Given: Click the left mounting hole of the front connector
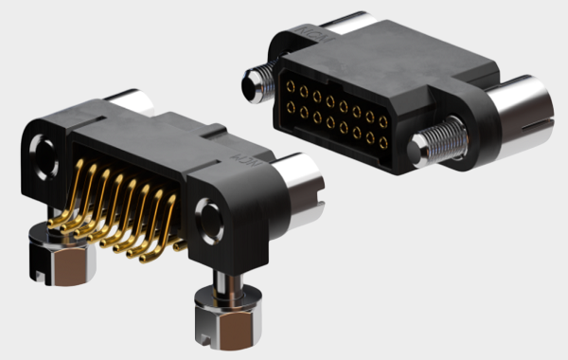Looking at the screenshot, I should coord(43,149).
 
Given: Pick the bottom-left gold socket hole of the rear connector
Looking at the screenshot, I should coord(286,108).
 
